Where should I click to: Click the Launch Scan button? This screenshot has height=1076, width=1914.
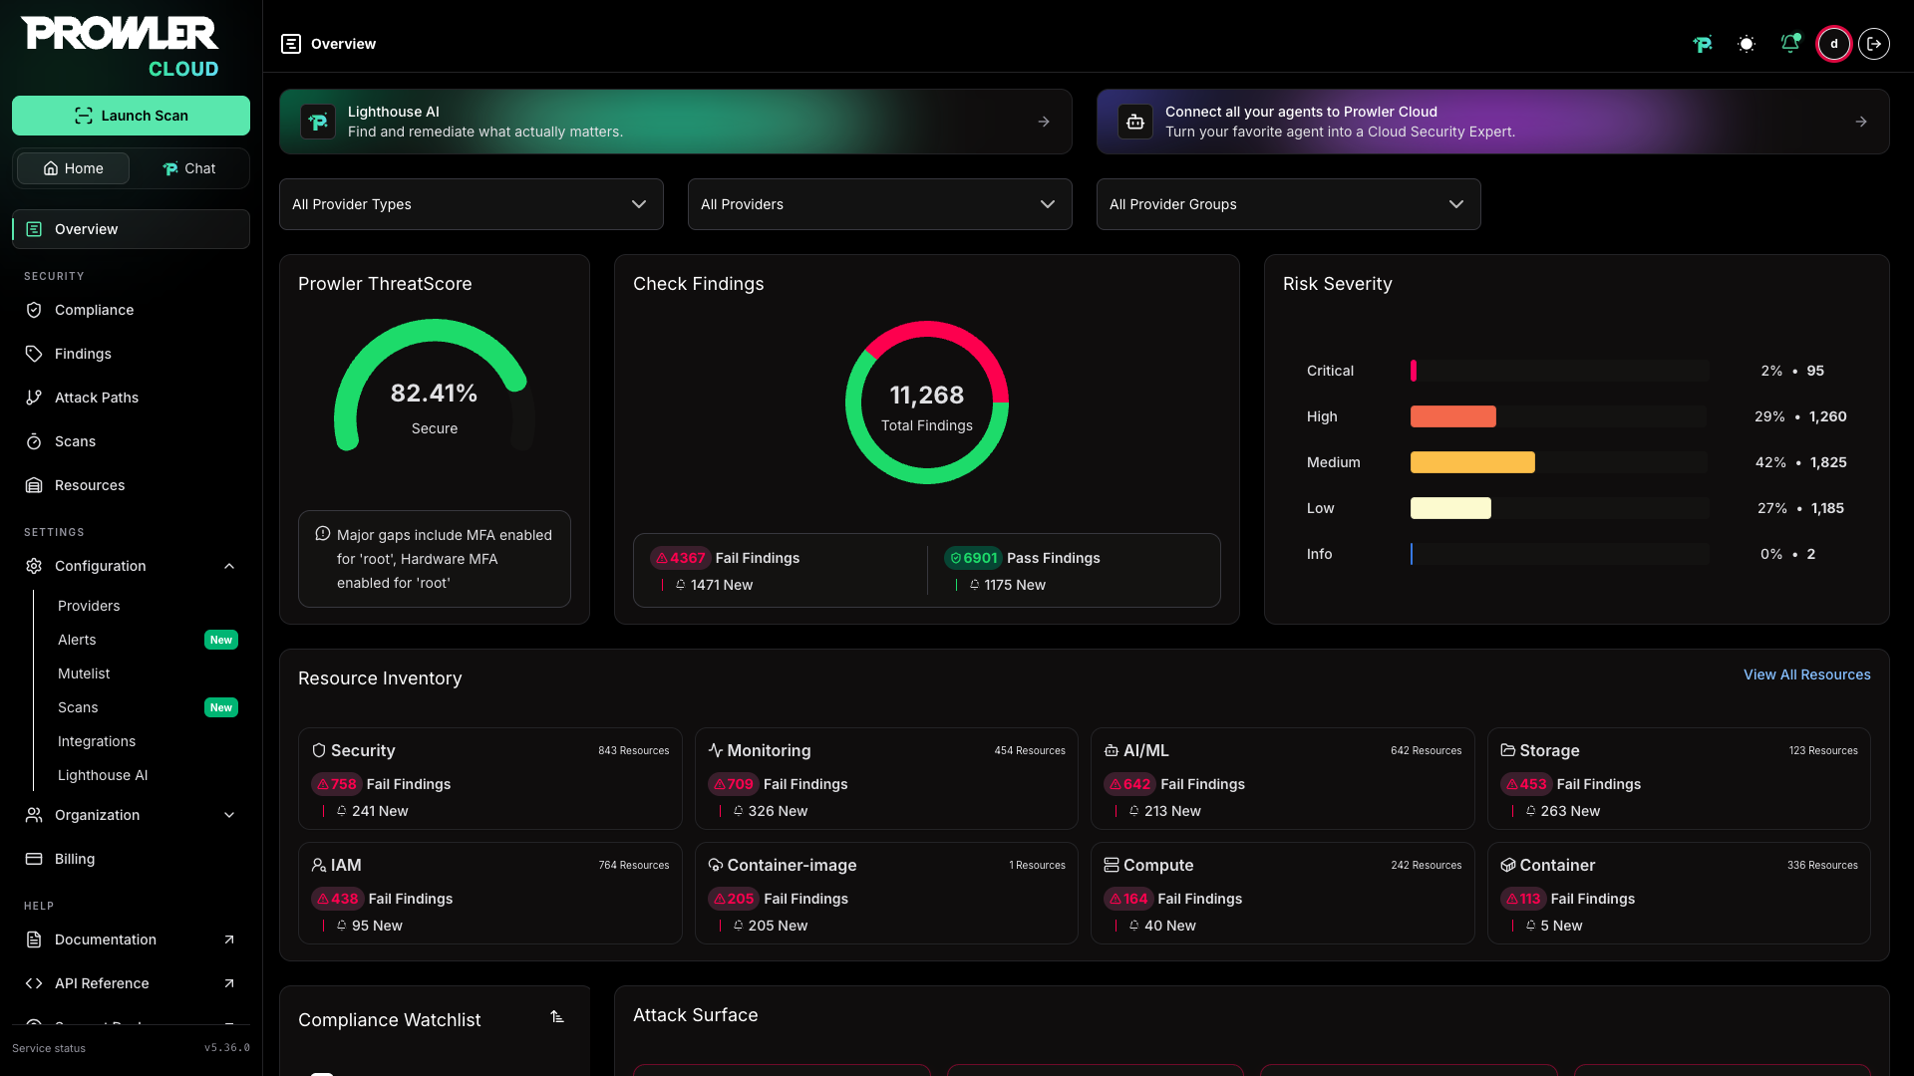[131, 116]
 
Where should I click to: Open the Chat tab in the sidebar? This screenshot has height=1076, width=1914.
[189, 168]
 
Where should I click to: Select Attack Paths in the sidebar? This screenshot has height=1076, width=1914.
[97, 398]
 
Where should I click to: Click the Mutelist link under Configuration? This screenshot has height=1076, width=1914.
[84, 673]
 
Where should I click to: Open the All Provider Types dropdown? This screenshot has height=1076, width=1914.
[471, 204]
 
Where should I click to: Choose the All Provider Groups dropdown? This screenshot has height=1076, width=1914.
[1288, 204]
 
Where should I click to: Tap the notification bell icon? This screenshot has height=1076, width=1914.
[1790, 44]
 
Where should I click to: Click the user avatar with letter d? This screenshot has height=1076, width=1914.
[1833, 44]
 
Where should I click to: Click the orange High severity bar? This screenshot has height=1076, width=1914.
[1452, 416]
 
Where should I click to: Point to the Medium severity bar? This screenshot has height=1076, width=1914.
[1472, 462]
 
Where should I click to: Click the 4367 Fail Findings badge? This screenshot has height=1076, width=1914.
[680, 558]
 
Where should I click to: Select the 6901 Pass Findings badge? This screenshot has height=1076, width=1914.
[972, 558]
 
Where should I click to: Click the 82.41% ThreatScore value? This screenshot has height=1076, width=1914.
[434, 394]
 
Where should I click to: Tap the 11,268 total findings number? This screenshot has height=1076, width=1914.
[927, 396]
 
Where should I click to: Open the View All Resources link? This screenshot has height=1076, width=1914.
[1806, 674]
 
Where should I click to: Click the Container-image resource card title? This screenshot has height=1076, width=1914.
[792, 865]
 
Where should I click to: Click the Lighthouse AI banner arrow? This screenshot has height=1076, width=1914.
[1044, 122]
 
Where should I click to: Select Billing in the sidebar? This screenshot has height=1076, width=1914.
[75, 859]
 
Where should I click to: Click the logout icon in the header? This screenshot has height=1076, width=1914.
[1874, 44]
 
